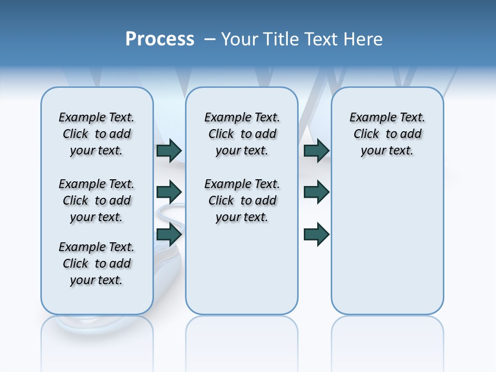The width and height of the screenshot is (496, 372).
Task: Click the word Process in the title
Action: click(160, 39)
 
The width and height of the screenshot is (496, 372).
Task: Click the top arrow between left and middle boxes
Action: click(169, 150)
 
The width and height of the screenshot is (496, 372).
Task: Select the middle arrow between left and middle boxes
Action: click(169, 192)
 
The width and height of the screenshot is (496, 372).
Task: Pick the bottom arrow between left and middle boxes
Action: click(169, 235)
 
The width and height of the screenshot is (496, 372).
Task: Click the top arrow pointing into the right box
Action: click(316, 150)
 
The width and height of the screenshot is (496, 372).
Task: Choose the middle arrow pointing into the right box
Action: click(316, 192)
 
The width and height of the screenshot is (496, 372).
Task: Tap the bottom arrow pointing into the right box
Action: click(316, 235)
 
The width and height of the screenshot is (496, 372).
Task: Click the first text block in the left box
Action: click(97, 134)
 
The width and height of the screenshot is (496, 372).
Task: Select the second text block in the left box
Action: click(97, 200)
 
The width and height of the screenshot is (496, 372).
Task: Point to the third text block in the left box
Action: click(97, 263)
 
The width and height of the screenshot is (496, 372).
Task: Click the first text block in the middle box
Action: click(242, 134)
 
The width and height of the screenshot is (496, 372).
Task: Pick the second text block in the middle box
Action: click(242, 200)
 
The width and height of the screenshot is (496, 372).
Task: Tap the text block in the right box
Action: click(387, 134)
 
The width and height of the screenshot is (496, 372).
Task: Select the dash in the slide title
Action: click(210, 39)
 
